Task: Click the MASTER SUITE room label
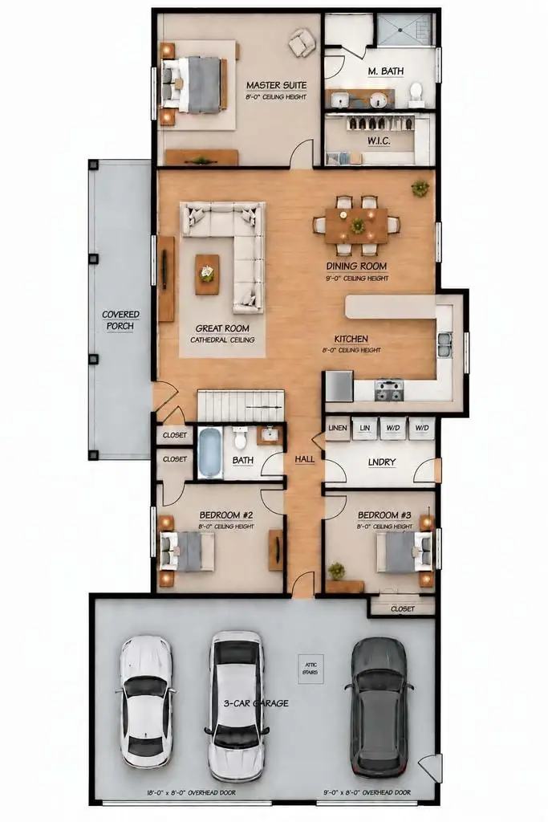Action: click(x=276, y=85)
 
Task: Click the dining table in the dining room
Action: click(x=356, y=226)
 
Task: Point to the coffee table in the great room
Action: click(x=208, y=274)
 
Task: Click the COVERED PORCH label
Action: click(x=120, y=319)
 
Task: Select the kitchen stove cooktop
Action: click(x=389, y=390)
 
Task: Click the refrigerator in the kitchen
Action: click(x=339, y=385)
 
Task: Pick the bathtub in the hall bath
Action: click(x=210, y=453)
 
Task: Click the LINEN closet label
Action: click(x=338, y=428)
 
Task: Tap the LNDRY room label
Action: click(x=381, y=462)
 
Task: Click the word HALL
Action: click(x=304, y=458)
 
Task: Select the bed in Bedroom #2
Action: click(x=186, y=551)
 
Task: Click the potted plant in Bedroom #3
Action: click(x=336, y=572)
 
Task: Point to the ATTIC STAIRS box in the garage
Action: click(x=311, y=669)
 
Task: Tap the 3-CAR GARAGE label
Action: click(x=256, y=703)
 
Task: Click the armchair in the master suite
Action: click(x=302, y=42)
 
